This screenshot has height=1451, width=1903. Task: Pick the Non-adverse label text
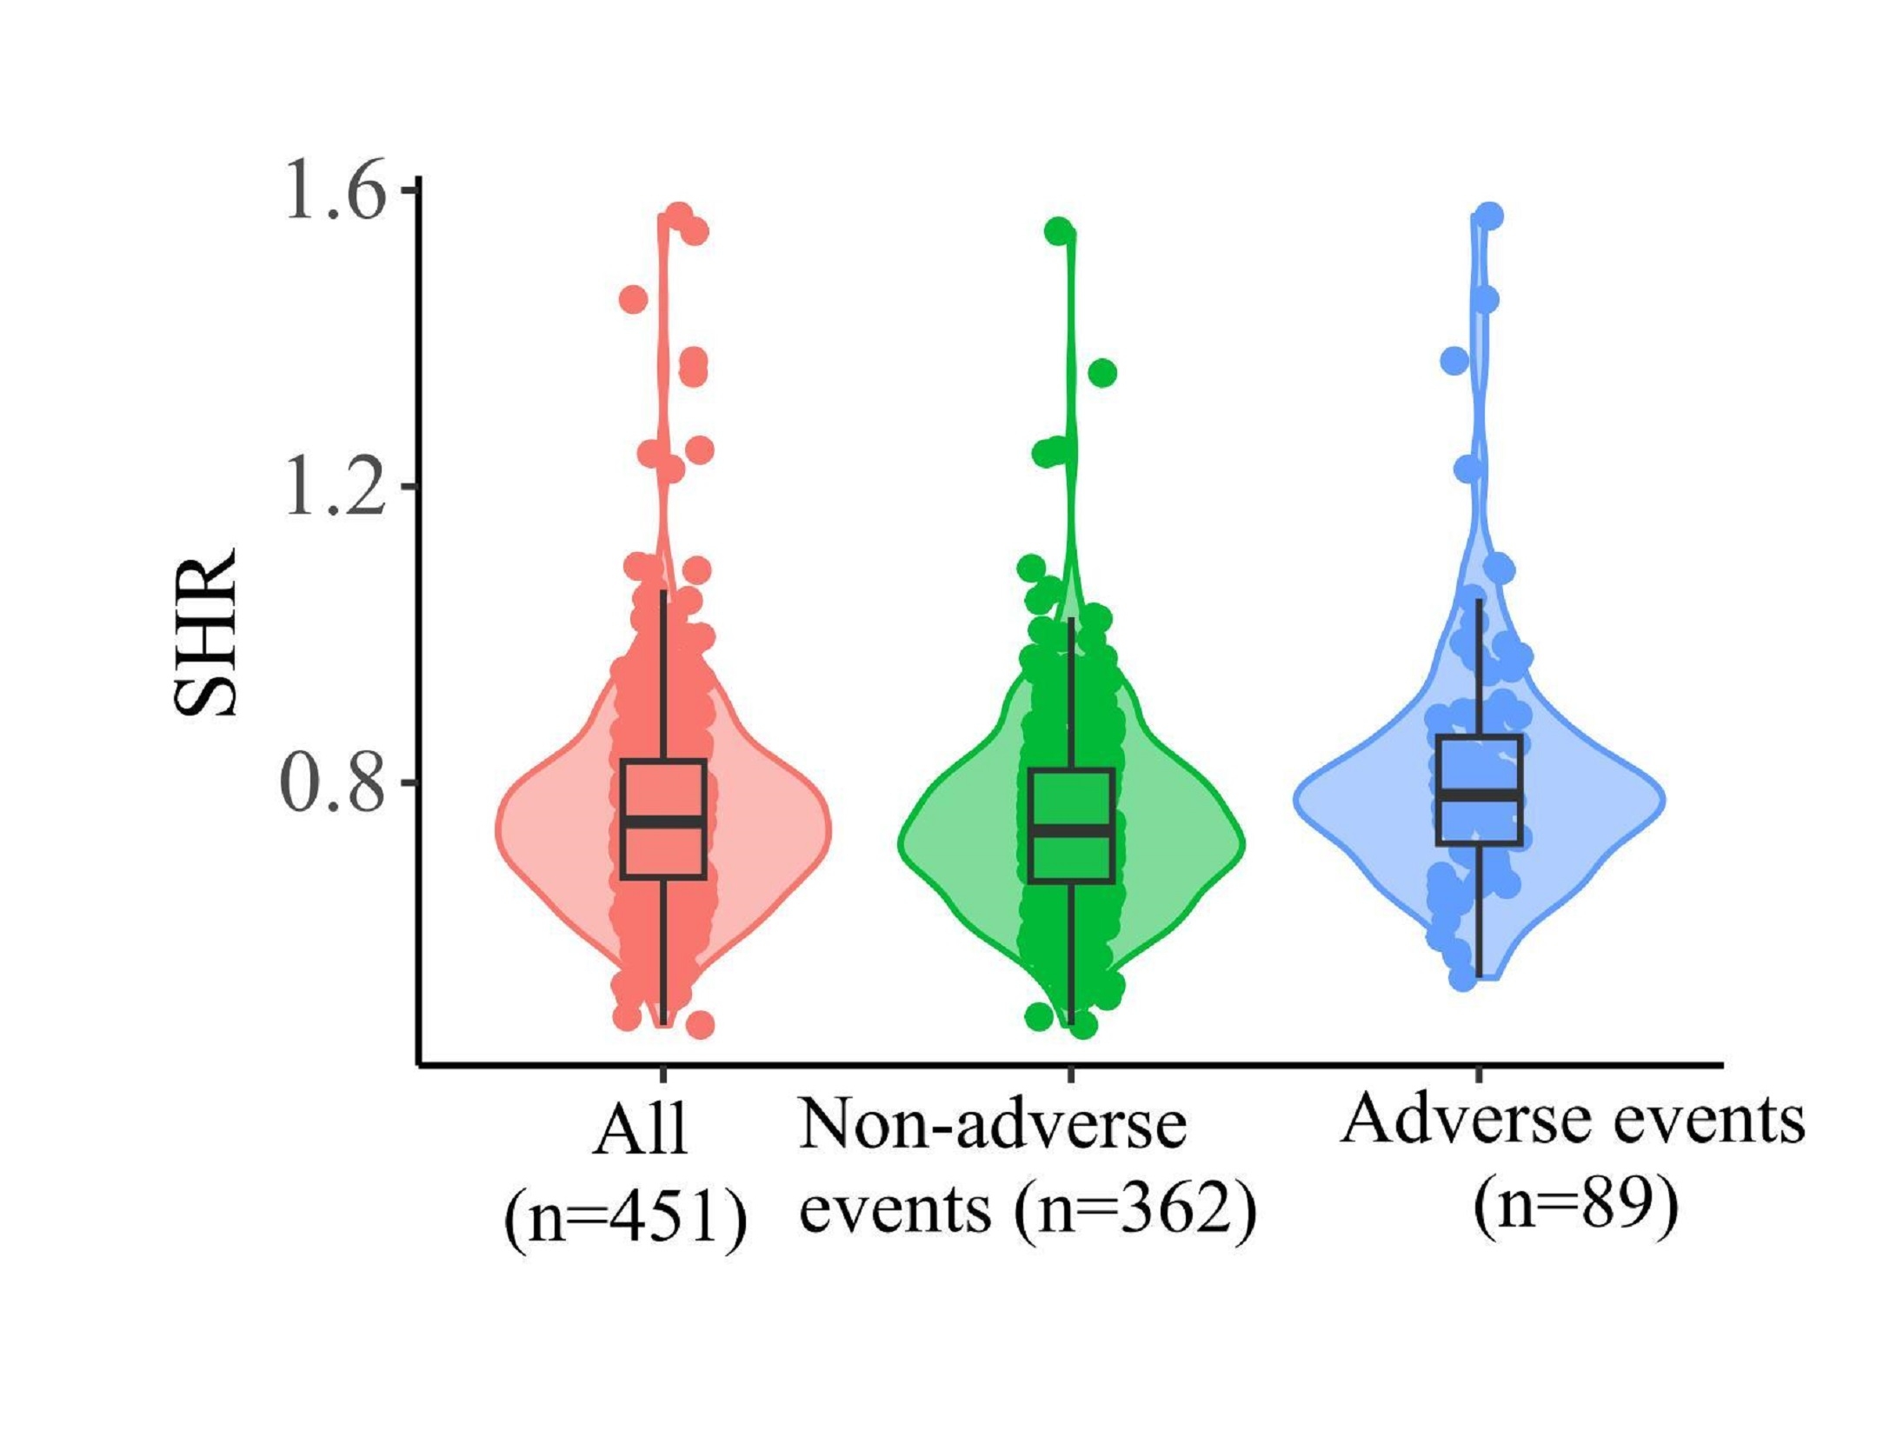pyautogui.click(x=993, y=1125)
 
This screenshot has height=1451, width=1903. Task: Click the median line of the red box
pyautogui.click(x=663, y=822)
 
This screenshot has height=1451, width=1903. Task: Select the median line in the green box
pyautogui.click(x=1071, y=829)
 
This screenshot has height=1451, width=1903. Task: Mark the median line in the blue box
pyautogui.click(x=1478, y=795)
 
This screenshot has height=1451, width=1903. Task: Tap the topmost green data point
pyautogui.click(x=1060, y=231)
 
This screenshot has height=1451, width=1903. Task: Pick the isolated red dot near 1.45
pyautogui.click(x=633, y=300)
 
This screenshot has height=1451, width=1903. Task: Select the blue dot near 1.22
pyautogui.click(x=1469, y=469)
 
